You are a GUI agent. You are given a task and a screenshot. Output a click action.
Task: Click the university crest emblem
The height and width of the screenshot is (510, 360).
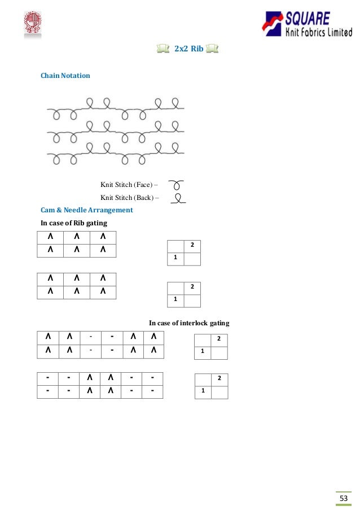tap(32, 24)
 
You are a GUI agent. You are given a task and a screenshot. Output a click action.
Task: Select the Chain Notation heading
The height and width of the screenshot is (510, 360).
tap(65, 75)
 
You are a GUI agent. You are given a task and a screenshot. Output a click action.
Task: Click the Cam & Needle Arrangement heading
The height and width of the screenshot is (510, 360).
tap(86, 210)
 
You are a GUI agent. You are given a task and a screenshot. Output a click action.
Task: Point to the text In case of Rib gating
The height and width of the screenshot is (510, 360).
tap(73, 223)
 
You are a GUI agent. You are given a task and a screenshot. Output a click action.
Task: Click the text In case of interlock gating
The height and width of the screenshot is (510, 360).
tap(189, 323)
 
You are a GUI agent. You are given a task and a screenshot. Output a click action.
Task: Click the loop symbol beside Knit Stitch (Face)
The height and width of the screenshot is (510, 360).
tap(177, 184)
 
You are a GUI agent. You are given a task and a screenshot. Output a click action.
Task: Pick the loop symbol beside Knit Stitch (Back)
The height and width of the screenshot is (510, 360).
tap(178, 198)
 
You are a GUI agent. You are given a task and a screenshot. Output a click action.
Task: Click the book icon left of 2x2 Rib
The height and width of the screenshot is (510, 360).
tap(161, 49)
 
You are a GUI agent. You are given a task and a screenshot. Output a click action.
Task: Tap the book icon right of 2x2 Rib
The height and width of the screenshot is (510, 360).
tap(213, 49)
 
